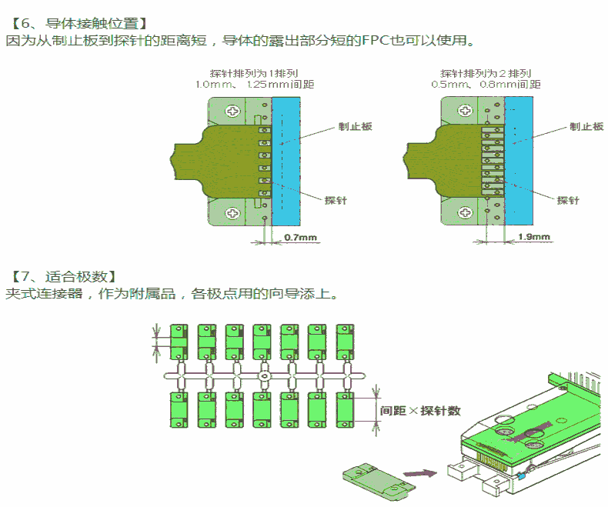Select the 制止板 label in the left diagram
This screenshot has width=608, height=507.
pyautogui.click(x=356, y=126)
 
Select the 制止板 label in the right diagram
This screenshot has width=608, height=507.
pyautogui.click(x=586, y=126)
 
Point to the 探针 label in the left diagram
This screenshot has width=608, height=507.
pyautogui.click(x=336, y=200)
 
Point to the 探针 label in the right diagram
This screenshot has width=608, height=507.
pyautogui.click(x=568, y=200)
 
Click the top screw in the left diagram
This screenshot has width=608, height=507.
pyautogui.click(x=232, y=111)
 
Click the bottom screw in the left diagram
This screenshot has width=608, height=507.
pyautogui.click(x=232, y=212)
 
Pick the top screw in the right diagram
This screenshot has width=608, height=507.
pyautogui.click(x=464, y=111)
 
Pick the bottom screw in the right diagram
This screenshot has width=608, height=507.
pyautogui.click(x=464, y=212)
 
